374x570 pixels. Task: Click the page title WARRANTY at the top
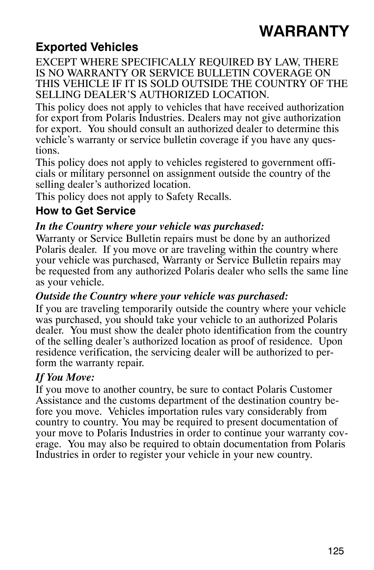(303, 31)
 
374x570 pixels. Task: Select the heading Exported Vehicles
(87, 47)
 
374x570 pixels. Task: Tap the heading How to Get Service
(85, 211)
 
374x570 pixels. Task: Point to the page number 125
(336, 551)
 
